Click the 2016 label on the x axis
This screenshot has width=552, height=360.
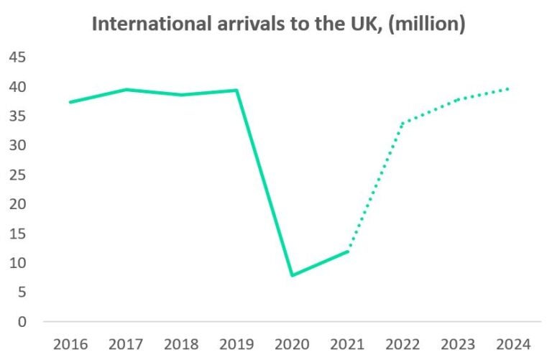click(70, 344)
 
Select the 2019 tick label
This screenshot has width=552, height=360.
click(236, 344)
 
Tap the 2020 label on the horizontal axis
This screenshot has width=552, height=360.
click(292, 344)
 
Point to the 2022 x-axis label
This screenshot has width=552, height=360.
click(402, 344)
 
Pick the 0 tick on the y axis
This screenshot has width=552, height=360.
click(22, 321)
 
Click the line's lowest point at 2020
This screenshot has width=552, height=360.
click(292, 275)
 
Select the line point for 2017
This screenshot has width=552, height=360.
click(126, 90)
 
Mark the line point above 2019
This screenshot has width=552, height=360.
click(236, 91)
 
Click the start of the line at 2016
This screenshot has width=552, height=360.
click(70, 102)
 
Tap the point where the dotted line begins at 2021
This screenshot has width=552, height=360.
click(348, 251)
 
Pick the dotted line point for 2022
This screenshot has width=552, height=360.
click(402, 123)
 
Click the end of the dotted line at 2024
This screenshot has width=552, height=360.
click(509, 89)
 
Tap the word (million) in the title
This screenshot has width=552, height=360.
click(431, 24)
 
